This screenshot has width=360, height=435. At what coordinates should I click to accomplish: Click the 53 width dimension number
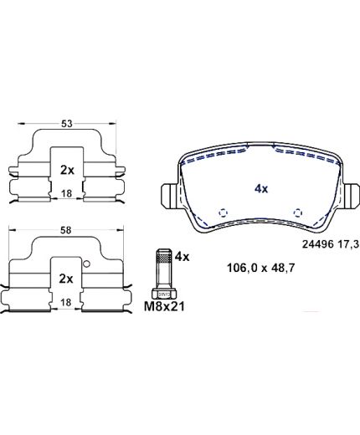coord(67,123)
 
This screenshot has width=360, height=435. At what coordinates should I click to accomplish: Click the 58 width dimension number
coord(66,230)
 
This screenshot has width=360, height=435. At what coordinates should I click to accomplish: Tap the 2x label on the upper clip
coord(67,170)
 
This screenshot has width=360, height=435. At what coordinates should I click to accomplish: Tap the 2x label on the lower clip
coord(66,279)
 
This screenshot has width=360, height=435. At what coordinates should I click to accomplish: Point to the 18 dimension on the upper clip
coord(66,193)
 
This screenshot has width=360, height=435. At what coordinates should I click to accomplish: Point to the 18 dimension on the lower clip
coord(66,302)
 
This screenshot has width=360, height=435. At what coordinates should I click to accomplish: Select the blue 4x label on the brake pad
coord(261,189)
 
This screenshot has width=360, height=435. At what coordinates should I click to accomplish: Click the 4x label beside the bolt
coord(182,257)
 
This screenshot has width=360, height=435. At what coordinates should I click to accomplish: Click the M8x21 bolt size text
coord(164,307)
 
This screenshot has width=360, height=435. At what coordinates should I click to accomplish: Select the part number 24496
coord(318,244)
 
